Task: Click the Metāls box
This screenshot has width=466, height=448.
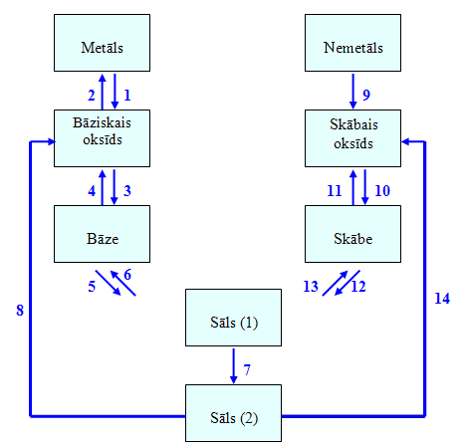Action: point(102,43)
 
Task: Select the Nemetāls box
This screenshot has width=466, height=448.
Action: point(352,43)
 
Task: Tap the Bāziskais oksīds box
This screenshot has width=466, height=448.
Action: point(102,138)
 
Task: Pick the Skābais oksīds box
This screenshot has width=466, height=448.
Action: point(352,138)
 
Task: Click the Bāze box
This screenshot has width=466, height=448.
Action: point(102,234)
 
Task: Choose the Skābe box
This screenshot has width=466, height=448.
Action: point(352,234)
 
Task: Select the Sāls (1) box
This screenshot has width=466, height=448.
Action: point(233,318)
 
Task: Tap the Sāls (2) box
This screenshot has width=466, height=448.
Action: point(233,413)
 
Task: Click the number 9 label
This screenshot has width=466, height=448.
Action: point(366,95)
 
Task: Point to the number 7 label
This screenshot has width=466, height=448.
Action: point(247,370)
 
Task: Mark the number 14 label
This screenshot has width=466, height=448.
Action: point(442,299)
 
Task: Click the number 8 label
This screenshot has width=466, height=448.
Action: point(20,311)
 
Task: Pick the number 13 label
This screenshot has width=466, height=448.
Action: point(311,287)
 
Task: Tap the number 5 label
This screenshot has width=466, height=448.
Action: point(92,287)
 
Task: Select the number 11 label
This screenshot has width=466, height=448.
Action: point(335,191)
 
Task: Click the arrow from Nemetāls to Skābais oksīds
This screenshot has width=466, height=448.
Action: point(352,91)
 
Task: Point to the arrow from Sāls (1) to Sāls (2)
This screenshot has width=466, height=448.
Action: point(233,366)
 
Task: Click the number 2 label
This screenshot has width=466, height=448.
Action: point(92,96)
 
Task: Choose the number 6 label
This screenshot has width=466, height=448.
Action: point(127,275)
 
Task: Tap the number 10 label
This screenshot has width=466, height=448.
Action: point(382,191)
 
